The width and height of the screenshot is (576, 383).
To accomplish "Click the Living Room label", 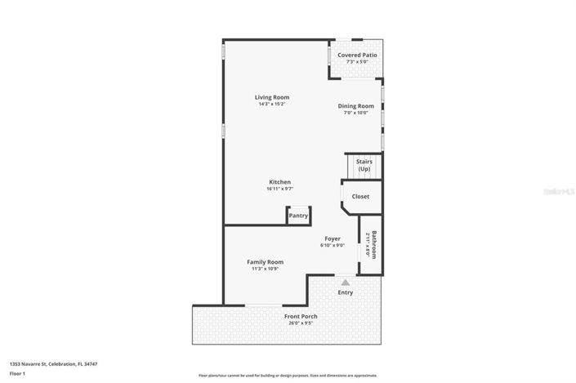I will pyautogui.click(x=272, y=98).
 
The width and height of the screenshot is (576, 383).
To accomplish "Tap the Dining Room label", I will pyautogui.click(x=356, y=106).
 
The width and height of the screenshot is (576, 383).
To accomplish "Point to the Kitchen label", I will pyautogui.click(x=280, y=182).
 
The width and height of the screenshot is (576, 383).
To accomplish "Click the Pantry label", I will pyautogui.click(x=298, y=216).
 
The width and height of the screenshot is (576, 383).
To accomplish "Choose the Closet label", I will pyautogui.click(x=360, y=197).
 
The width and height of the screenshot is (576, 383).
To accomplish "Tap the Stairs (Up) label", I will pyautogui.click(x=364, y=165).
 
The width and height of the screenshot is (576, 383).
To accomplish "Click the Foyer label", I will pyautogui.click(x=332, y=238).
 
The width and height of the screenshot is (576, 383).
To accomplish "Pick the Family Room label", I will pyautogui.click(x=265, y=262).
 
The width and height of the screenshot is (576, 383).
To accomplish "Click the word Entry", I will pyautogui.click(x=346, y=292).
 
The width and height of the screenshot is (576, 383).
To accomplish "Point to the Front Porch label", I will pyautogui.click(x=301, y=316).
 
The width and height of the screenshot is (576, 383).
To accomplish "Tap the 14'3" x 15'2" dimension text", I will pyautogui.click(x=272, y=105).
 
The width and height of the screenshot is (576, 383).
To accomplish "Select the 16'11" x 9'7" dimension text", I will pyautogui.click(x=280, y=189).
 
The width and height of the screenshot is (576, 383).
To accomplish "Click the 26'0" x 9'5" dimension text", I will pyautogui.click(x=301, y=323).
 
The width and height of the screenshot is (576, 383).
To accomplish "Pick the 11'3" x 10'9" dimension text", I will pyautogui.click(x=265, y=269).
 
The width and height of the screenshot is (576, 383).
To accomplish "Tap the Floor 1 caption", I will pyautogui.click(x=18, y=373).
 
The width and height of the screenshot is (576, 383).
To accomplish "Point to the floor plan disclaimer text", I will pyautogui.click(x=288, y=376).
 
